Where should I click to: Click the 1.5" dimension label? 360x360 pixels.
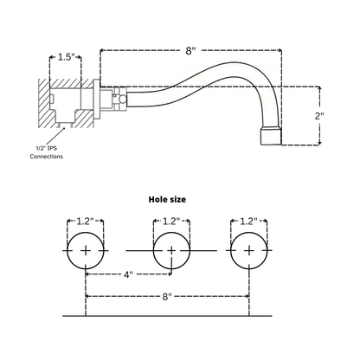tap(66, 57)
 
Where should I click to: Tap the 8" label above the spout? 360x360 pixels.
tap(190, 51)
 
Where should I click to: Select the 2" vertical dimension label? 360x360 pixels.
tap(318, 116)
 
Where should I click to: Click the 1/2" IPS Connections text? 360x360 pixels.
tap(47, 152)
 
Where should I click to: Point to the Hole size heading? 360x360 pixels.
tap(167, 199)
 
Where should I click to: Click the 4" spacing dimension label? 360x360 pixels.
tap(128, 274)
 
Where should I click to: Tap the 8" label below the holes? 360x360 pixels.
tap(167, 297)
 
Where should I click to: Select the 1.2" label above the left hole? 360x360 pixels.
tap(85, 222)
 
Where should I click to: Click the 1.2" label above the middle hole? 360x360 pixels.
tap(171, 222)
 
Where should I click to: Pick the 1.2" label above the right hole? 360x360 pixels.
tap(248, 222)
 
